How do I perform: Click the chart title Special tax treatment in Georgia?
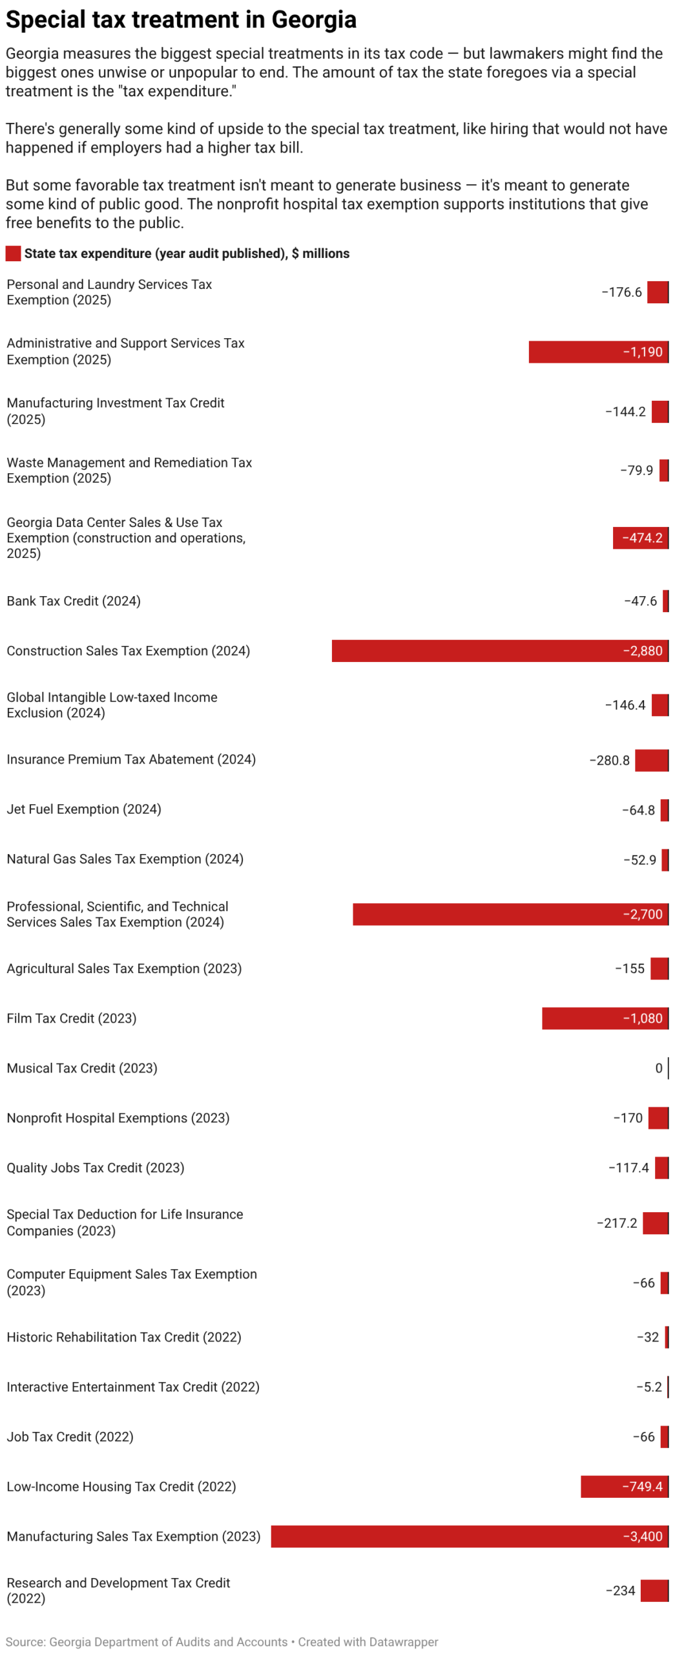tap(181, 19)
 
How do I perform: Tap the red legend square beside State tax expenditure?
tap(13, 253)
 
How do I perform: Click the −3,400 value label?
tap(642, 1536)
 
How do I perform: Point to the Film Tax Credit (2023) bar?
tap(581, 1018)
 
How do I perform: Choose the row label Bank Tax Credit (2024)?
tap(74, 601)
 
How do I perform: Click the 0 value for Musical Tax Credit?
tap(658, 1068)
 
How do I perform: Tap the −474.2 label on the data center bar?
tap(642, 538)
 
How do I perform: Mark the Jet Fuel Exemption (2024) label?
tap(84, 809)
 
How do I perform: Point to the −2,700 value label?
tap(642, 914)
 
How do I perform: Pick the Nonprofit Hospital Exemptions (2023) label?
tap(118, 1118)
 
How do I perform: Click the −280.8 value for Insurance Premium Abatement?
tap(609, 760)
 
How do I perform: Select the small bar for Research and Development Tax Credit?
tap(654, 1590)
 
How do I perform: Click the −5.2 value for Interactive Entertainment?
tap(649, 1387)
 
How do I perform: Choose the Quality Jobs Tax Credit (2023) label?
tap(96, 1168)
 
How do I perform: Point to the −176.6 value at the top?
tap(621, 292)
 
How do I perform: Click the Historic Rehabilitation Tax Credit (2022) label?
tap(124, 1337)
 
